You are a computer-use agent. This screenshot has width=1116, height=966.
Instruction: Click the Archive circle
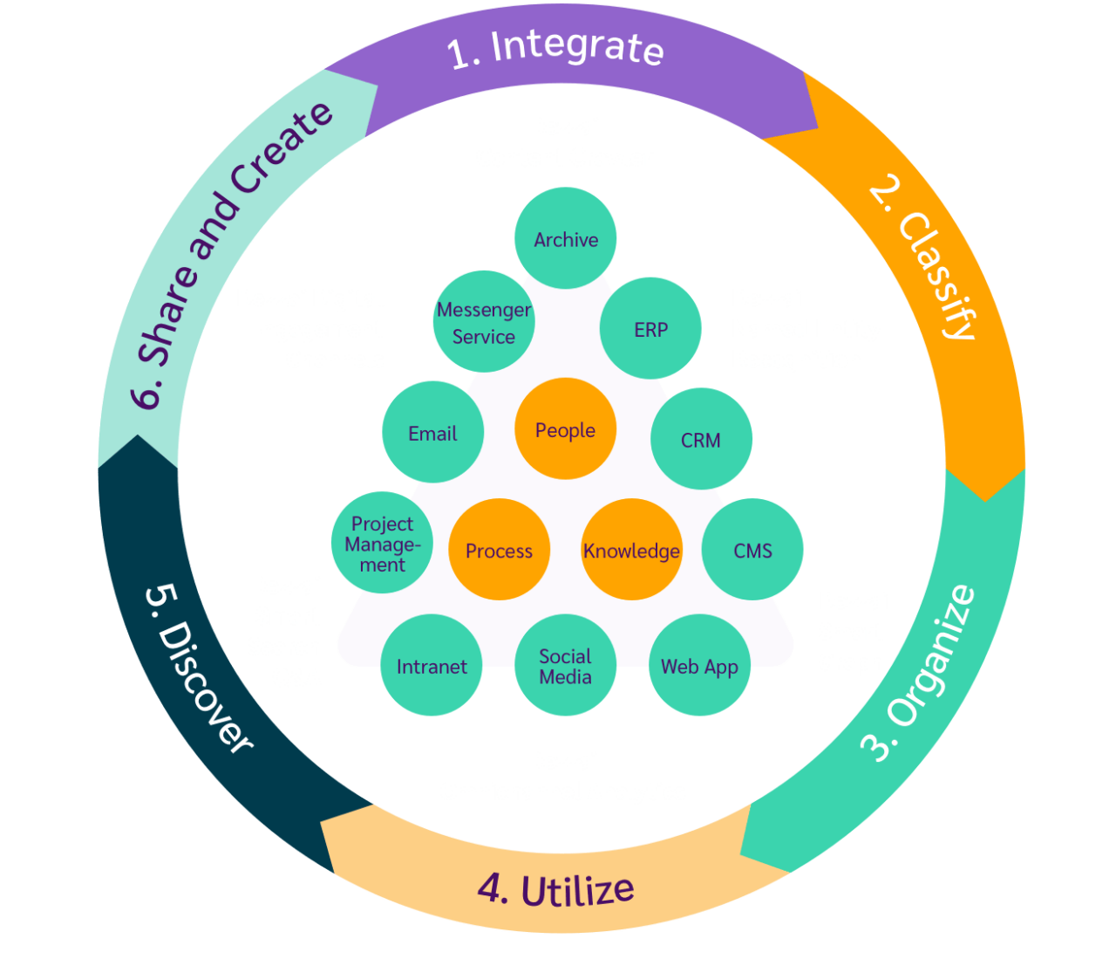(566, 238)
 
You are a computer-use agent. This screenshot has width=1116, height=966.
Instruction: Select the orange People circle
(565, 428)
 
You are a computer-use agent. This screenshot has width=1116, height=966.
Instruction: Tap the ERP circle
(650, 328)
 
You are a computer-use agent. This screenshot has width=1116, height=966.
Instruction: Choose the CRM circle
(701, 439)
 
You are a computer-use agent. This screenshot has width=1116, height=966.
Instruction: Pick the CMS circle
(752, 550)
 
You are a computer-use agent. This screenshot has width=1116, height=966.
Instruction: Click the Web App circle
(699, 666)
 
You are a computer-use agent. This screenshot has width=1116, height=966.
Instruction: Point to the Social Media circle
(565, 666)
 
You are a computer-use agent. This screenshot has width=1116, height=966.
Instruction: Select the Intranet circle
(432, 666)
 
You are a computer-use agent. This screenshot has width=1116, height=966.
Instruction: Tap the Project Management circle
(382, 544)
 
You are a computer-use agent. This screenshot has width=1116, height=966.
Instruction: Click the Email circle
(432, 433)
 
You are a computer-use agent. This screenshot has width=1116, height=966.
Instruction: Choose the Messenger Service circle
(483, 322)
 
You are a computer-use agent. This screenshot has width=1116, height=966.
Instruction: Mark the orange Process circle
(499, 550)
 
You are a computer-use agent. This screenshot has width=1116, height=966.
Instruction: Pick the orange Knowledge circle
(631, 550)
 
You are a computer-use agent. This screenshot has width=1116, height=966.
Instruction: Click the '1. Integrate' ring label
(555, 47)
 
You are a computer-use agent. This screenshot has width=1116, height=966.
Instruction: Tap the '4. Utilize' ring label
(555, 889)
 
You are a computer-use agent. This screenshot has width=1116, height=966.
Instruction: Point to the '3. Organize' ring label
(921, 672)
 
